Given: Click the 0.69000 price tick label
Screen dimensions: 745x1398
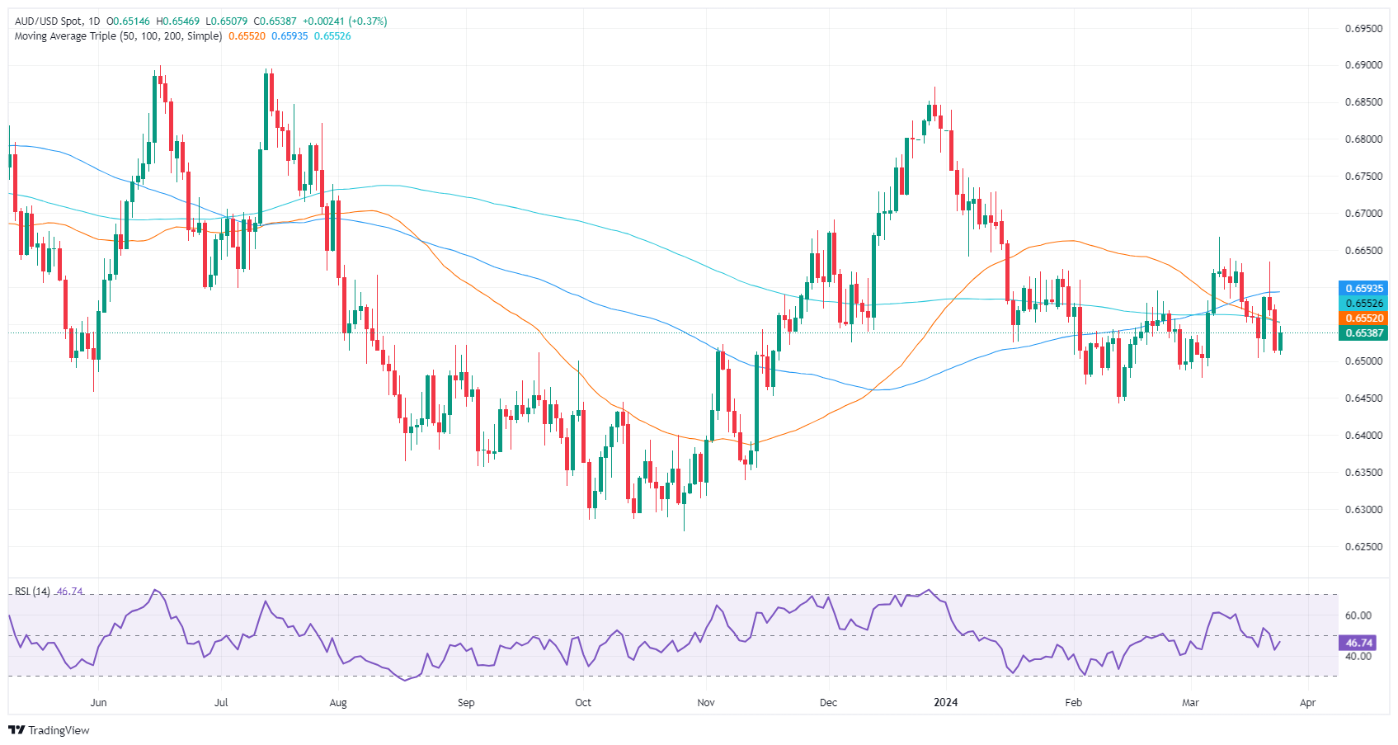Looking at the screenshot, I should click(1363, 65).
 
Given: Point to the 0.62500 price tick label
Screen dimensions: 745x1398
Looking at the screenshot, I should click(1363, 547).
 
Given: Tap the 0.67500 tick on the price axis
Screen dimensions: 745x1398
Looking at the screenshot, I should click(1363, 177).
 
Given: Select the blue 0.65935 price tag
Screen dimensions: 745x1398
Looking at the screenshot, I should click(1364, 289).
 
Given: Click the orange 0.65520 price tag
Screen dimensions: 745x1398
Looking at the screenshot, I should click(1364, 318).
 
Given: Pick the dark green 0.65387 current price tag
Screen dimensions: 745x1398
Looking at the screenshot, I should click(1364, 333).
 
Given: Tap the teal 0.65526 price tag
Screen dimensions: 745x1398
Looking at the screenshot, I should click(1364, 304).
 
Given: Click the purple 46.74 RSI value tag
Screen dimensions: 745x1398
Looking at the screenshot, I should click(1358, 643).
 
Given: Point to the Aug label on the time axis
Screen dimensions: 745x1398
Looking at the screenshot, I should click(337, 703).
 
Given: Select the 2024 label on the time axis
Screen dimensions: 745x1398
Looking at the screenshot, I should click(945, 703).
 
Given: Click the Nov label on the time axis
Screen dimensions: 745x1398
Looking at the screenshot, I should click(705, 703).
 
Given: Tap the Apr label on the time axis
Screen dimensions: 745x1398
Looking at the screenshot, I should click(1307, 703).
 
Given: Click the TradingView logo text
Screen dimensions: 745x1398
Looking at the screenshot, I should click(59, 730).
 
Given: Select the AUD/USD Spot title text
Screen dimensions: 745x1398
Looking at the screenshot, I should click(49, 21).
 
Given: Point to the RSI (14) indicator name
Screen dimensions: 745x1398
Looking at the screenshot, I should click(32, 592).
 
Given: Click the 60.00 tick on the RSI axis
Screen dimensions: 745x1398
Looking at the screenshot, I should click(1358, 615).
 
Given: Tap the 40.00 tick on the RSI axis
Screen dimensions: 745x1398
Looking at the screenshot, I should click(1358, 657).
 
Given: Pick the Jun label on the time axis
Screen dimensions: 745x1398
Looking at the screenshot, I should click(98, 703).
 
